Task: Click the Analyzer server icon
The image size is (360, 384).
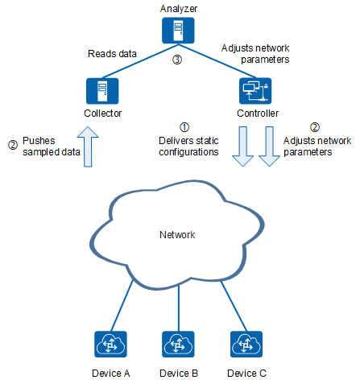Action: tap(178, 31)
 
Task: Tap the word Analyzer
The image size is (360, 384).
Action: tap(179, 9)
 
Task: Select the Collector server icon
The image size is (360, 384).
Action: tap(102, 91)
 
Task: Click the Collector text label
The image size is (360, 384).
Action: tap(102, 114)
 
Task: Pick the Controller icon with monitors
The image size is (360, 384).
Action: tap(255, 91)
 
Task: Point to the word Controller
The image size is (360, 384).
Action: tap(258, 114)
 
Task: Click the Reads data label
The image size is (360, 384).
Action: tap(112, 54)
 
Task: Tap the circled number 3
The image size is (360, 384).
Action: tap(177, 60)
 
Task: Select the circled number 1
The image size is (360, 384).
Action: tap(184, 127)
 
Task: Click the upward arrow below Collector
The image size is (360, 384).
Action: tap(88, 147)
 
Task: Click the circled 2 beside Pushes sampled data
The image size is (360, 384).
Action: tap(13, 145)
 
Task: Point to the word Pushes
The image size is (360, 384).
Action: tap(39, 141)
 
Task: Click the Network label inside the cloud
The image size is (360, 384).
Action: tap(177, 235)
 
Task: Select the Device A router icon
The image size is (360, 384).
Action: tap(110, 345)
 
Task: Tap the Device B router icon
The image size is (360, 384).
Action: tap(178, 345)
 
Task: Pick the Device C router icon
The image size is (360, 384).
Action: tap(246, 345)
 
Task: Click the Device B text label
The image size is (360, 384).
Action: tap(179, 374)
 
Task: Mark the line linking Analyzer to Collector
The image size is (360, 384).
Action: tap(140, 61)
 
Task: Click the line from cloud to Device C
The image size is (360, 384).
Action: tap(234, 306)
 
